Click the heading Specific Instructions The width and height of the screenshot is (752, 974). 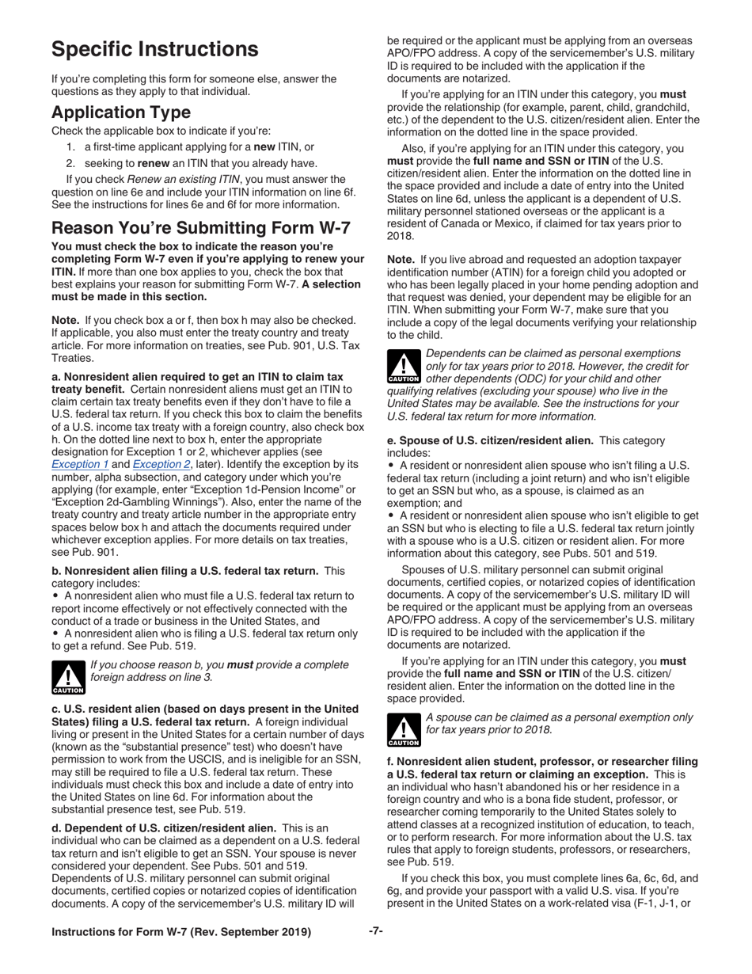click(155, 49)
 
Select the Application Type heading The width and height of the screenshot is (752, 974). click(121, 112)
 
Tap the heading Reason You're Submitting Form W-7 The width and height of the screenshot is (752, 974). click(201, 228)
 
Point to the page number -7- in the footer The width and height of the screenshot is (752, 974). click(376, 931)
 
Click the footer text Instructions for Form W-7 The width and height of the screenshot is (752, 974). click(181, 932)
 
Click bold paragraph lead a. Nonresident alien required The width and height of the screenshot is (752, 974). click(197, 377)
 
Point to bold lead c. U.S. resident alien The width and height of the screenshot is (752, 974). click(204, 709)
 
